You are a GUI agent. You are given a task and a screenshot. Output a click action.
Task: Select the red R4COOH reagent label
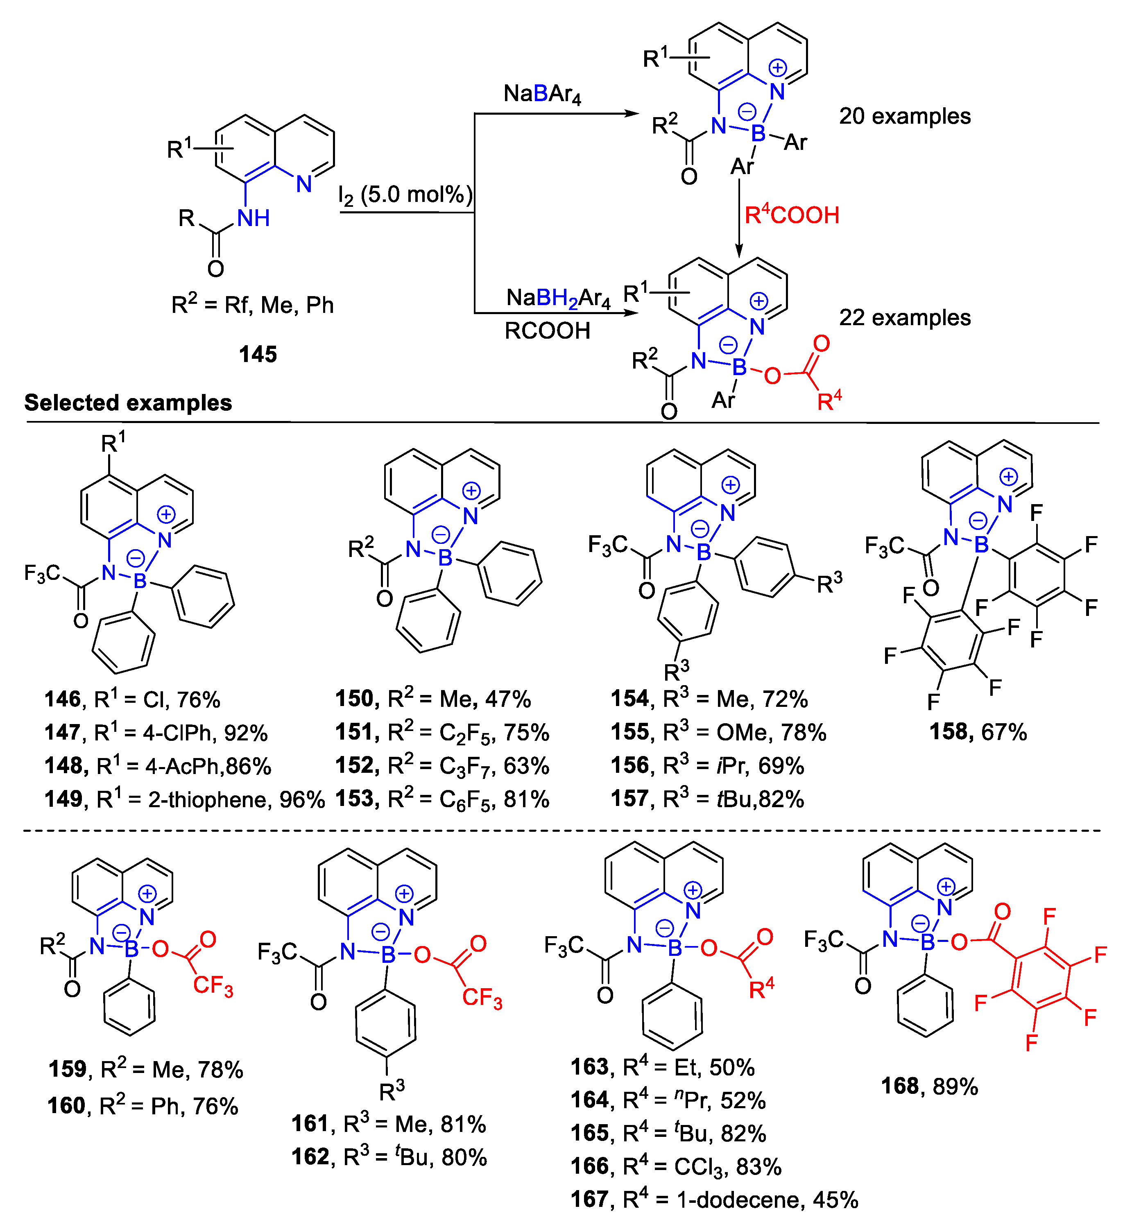[x=792, y=215]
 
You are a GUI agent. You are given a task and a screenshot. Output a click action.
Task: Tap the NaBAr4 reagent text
[x=542, y=94]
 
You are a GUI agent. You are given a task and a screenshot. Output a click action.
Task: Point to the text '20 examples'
[x=905, y=116]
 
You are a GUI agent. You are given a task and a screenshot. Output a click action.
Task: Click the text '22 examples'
[x=905, y=317]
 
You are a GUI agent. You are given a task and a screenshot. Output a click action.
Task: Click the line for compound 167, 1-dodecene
[x=714, y=1200]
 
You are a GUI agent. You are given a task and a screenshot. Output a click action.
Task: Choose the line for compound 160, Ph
[x=143, y=1106]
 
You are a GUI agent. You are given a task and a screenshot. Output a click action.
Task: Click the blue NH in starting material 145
[x=253, y=218]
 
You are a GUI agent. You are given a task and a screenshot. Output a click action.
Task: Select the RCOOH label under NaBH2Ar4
[x=547, y=331]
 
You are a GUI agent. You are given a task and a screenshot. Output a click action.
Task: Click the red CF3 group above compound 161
[x=482, y=998]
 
